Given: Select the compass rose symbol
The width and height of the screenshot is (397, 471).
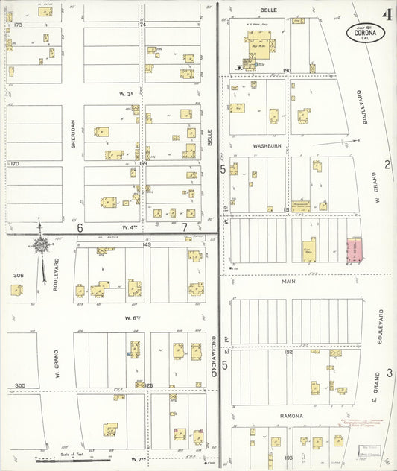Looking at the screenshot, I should [x=41, y=244].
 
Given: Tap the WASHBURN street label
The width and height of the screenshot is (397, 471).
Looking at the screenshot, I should [x=265, y=145].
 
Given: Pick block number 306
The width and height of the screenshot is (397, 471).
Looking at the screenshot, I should [x=18, y=275].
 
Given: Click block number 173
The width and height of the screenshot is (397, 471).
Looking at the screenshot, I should [x=18, y=25].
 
